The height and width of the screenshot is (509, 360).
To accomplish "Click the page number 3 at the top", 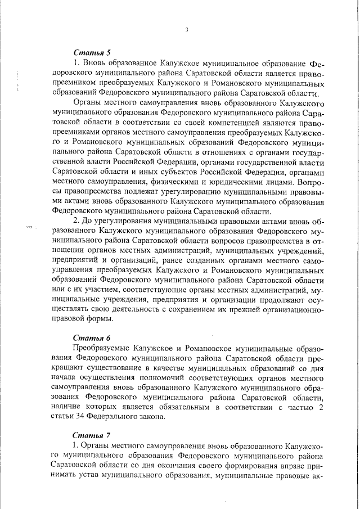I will [186, 29].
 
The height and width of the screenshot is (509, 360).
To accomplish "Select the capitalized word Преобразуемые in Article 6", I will [103, 349].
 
